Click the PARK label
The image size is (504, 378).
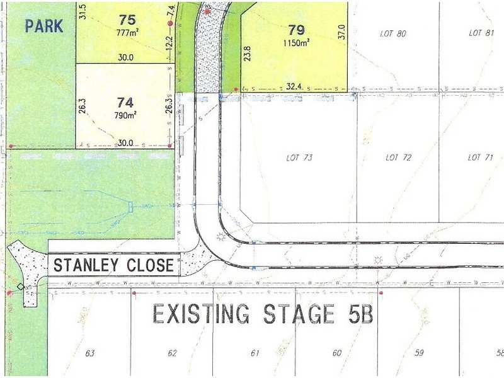point(44,26)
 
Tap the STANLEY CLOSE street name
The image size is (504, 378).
point(113,265)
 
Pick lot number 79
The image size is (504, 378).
point(296,29)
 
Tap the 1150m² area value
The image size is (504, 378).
point(295,42)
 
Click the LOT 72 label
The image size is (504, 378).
point(398,157)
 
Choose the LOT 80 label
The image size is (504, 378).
point(392,33)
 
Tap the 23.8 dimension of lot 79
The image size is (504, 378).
point(248,54)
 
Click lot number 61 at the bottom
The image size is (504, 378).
point(255,353)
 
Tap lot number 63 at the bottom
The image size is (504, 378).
point(90,353)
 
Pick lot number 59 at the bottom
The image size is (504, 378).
point(418,353)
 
